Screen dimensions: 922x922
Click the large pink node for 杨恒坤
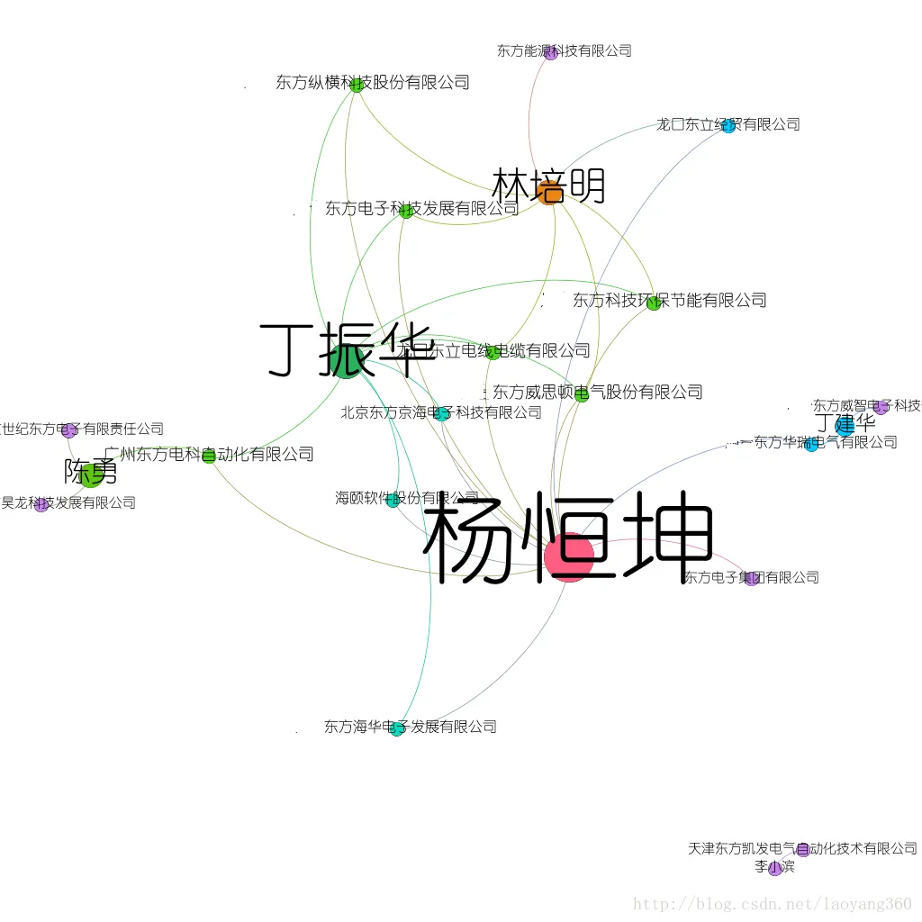click(x=569, y=556)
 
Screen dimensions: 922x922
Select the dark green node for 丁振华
click(x=347, y=360)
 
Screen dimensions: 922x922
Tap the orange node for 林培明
click(x=549, y=192)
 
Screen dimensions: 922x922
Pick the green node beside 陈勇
click(x=91, y=475)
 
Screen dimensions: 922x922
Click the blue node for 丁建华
click(x=844, y=426)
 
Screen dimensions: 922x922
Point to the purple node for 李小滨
click(x=774, y=869)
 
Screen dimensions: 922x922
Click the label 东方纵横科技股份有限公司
click(x=373, y=83)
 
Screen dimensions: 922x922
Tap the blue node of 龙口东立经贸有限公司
click(x=728, y=126)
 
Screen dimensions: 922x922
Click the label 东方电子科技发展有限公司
click(x=421, y=209)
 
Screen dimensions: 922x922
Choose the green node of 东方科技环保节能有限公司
click(x=654, y=303)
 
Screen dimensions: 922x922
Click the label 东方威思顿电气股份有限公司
click(x=597, y=392)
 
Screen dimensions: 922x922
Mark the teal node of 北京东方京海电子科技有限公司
click(x=442, y=414)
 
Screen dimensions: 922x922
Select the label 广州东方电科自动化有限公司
click(x=209, y=455)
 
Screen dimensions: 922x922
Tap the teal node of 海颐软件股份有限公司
click(x=393, y=501)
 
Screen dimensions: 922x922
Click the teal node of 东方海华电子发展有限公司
click(x=397, y=729)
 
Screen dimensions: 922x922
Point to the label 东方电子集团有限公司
click(x=751, y=577)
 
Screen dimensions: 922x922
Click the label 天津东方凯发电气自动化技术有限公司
click(x=801, y=848)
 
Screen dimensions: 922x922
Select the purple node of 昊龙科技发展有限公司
click(x=41, y=505)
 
